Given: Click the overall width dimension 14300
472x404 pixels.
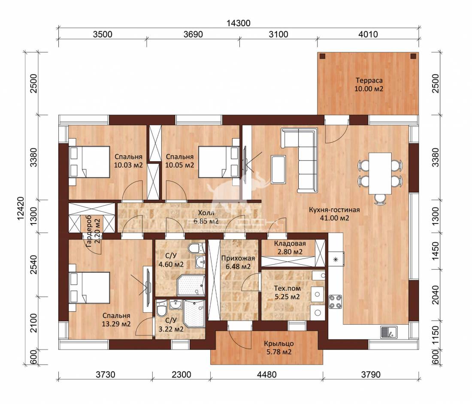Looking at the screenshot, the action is (x=239, y=23).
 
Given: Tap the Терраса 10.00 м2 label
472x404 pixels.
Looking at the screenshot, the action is (x=369, y=84).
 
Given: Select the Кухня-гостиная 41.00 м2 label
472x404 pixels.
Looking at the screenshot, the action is (x=334, y=214).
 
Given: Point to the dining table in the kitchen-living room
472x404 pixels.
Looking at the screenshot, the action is (x=380, y=173).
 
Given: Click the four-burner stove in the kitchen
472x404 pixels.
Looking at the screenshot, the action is (x=336, y=301).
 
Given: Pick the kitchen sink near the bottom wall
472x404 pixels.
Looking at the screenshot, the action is (x=389, y=332).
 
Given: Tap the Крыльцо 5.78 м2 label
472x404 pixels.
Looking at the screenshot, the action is (x=279, y=348).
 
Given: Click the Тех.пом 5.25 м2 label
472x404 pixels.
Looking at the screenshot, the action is (x=287, y=292).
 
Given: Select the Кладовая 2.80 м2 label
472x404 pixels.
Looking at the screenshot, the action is (x=290, y=247).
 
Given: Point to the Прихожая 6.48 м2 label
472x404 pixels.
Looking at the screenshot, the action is (x=238, y=262).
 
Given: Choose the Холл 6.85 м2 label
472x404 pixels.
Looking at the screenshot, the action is (x=206, y=217).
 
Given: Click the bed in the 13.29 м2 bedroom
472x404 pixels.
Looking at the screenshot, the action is (x=89, y=288).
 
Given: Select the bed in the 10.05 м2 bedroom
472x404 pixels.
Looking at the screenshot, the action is (x=219, y=162).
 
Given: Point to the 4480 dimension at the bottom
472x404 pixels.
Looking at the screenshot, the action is (x=267, y=374).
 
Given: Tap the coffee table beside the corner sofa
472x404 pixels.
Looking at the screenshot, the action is (x=278, y=169).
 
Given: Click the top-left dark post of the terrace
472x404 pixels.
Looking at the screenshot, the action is (x=323, y=56).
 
